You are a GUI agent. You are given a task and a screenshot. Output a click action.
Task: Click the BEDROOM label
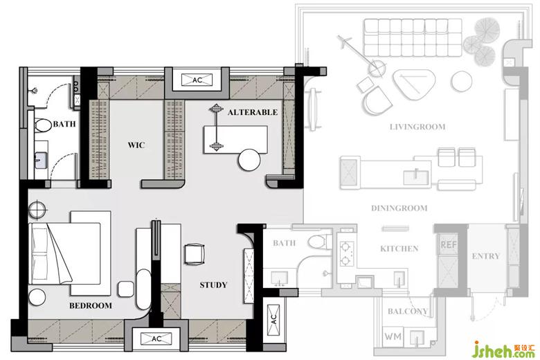click(x=90, y=305)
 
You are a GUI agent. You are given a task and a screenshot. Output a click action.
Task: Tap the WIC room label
click(x=136, y=145)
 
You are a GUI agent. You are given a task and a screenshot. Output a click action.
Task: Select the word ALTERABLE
click(x=253, y=112)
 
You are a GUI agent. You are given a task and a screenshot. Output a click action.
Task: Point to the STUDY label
click(x=213, y=285)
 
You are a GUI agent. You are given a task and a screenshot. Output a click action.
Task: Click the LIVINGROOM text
click(x=417, y=127)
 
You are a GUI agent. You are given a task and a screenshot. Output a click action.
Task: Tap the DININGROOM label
click(x=399, y=208)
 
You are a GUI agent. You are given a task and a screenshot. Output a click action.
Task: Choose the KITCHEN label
click(x=399, y=249)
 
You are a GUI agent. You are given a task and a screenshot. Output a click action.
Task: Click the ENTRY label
click(x=485, y=256)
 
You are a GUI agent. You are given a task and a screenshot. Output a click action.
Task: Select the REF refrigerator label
click(x=449, y=245)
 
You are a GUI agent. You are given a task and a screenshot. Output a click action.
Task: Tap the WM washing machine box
click(x=393, y=336)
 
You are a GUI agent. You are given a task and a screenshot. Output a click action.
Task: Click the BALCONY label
click(x=408, y=312)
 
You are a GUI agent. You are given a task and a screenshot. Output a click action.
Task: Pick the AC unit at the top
click(x=197, y=80)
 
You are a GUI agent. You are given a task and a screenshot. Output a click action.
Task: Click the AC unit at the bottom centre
click(x=156, y=339)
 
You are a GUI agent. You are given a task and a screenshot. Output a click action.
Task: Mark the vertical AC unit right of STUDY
click(x=273, y=319)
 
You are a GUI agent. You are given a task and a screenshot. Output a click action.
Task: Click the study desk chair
click(x=195, y=254)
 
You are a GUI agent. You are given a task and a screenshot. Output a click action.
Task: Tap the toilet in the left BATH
click(x=42, y=125)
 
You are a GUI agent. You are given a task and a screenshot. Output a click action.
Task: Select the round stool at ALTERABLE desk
click(x=249, y=160)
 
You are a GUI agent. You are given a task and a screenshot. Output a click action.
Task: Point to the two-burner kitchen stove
click(x=345, y=253)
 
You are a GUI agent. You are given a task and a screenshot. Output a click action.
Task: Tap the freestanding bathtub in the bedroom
click(x=143, y=289)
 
